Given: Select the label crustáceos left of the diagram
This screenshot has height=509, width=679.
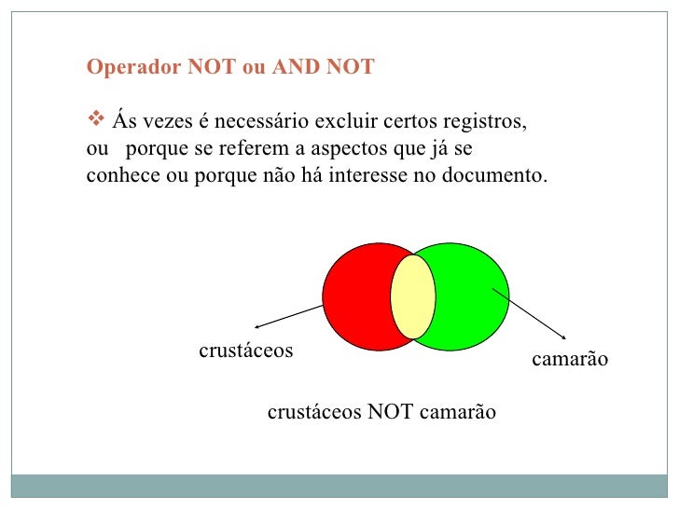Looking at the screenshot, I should pyautogui.click(x=246, y=351).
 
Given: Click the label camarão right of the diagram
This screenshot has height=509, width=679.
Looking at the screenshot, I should pyautogui.click(x=569, y=359).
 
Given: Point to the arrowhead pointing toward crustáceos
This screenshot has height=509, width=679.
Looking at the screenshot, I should pyautogui.click(x=258, y=326).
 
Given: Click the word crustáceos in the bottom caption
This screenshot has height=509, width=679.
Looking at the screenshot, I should pyautogui.click(x=314, y=412).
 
